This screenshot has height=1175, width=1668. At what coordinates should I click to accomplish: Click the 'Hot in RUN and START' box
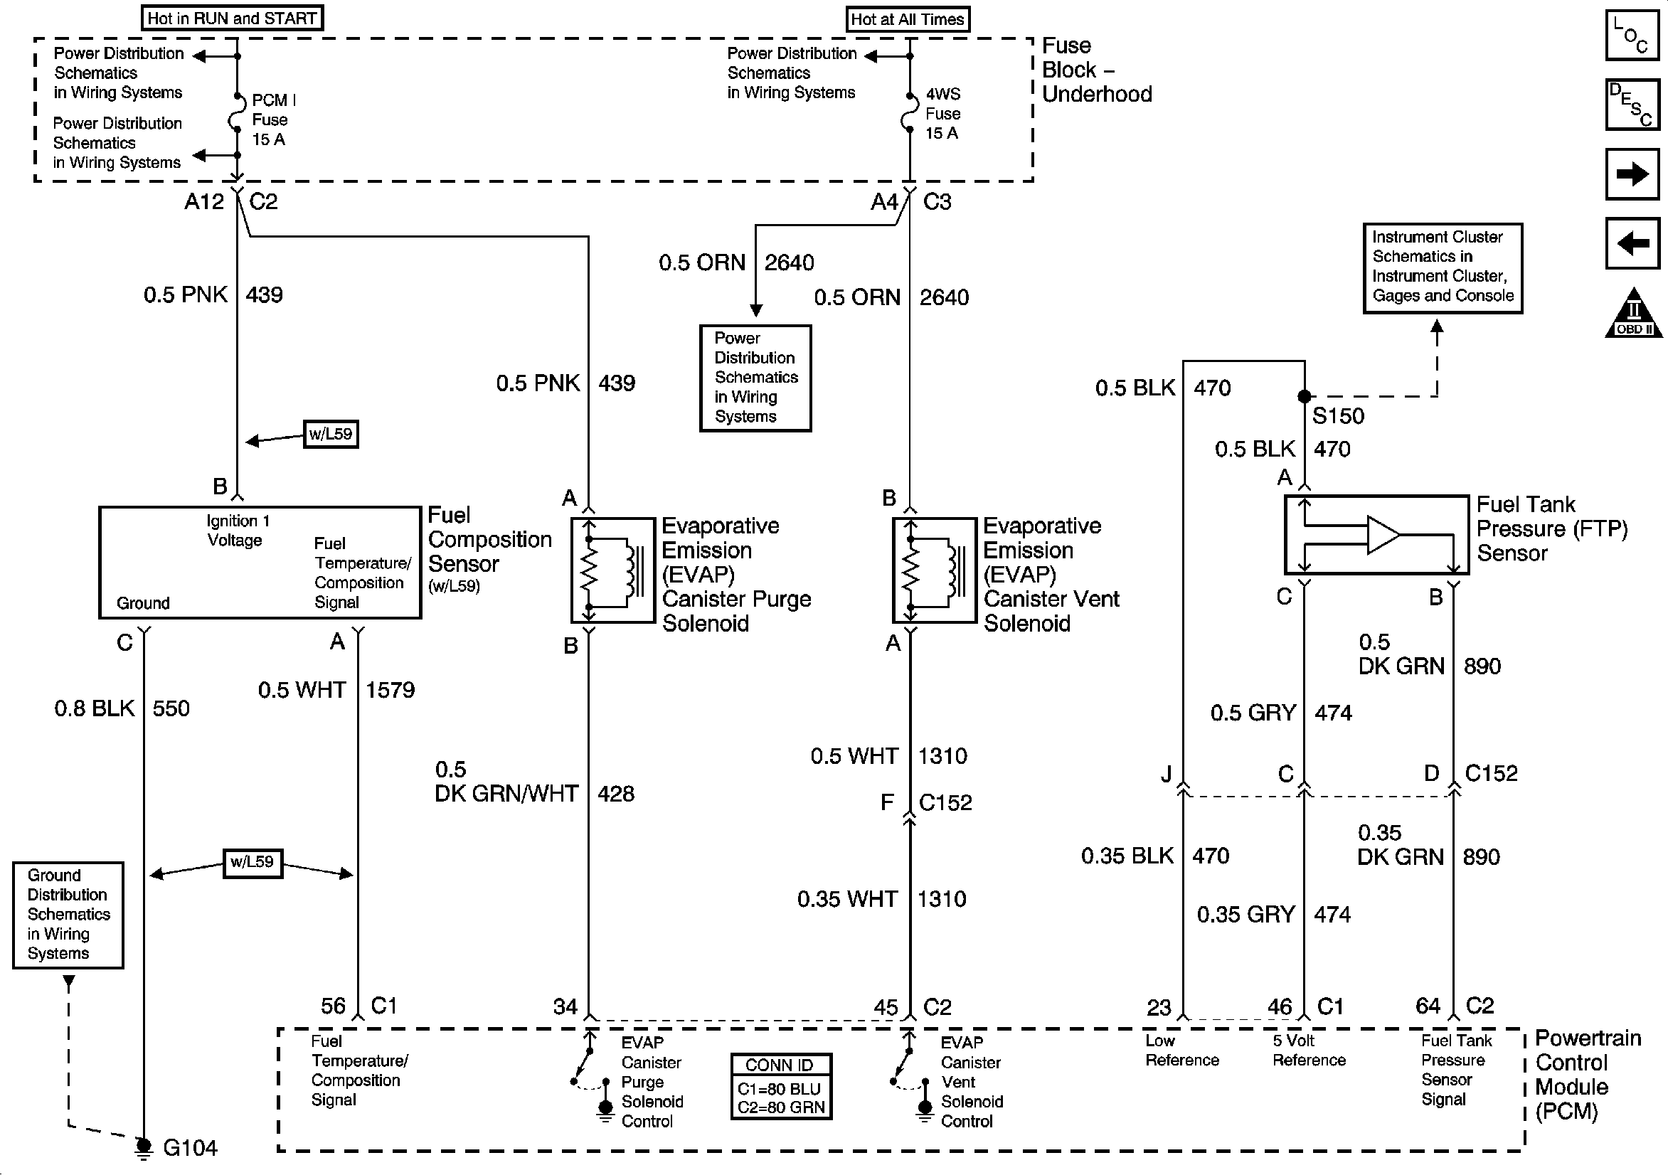click(x=232, y=18)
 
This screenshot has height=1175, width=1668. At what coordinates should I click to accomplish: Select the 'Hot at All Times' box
click(x=908, y=20)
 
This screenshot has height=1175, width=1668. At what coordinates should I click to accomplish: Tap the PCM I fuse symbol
click(x=236, y=113)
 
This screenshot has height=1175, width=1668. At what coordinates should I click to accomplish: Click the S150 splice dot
click(x=1304, y=396)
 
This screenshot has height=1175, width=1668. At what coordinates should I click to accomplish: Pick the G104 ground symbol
click(x=144, y=1147)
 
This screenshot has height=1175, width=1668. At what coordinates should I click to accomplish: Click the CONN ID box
click(x=781, y=1086)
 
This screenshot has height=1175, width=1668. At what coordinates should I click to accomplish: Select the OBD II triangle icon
click(x=1632, y=313)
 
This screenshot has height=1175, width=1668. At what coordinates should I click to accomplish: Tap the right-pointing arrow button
click(x=1632, y=174)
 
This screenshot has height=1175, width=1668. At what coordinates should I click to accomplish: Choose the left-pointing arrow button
click(x=1632, y=243)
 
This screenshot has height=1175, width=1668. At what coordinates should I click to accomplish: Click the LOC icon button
click(x=1632, y=34)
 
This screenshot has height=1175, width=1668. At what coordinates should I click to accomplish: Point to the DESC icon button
click(x=1632, y=104)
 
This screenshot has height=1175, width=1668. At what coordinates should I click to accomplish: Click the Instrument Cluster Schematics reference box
click(x=1443, y=268)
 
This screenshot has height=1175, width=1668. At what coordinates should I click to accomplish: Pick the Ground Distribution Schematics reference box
click(x=68, y=915)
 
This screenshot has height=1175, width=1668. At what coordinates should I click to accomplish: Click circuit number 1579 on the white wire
click(x=390, y=690)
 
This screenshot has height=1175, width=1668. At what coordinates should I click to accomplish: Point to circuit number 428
click(x=616, y=794)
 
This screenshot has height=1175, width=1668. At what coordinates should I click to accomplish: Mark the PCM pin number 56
click(x=334, y=1006)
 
